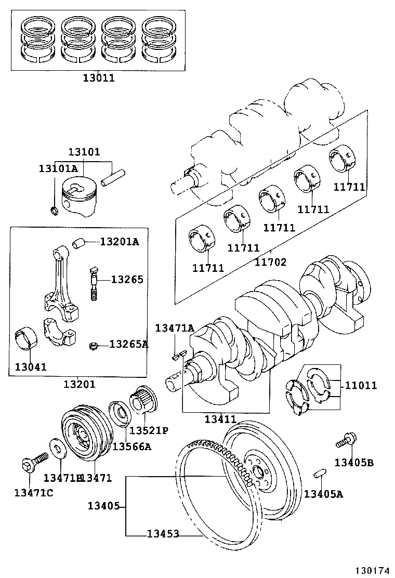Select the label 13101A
coord(58,168)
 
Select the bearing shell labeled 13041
coord(25,338)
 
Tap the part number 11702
coord(270,262)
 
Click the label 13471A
coord(175,327)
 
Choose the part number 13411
coord(220,419)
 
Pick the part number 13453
coord(162,534)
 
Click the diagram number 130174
coord(373,571)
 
